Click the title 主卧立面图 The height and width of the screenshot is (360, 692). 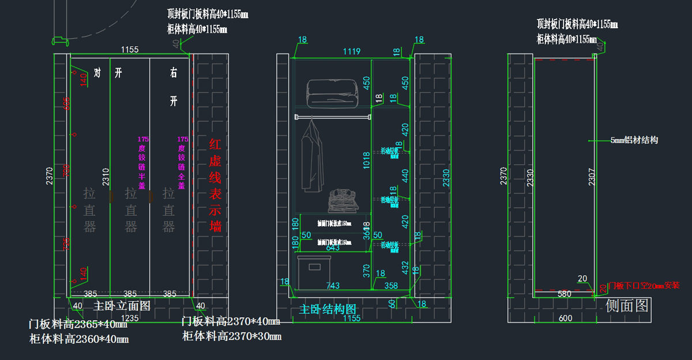(122, 306)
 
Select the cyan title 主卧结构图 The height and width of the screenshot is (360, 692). (328, 309)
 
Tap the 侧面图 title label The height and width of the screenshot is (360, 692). (627, 305)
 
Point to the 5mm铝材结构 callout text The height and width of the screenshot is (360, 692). (634, 140)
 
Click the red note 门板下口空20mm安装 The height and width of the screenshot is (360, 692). (644, 286)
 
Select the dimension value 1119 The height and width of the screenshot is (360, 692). (351, 52)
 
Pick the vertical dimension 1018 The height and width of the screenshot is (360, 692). (366, 163)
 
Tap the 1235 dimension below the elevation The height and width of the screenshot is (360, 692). (129, 318)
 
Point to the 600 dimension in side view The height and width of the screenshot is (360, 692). (565, 318)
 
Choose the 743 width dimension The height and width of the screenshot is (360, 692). (333, 286)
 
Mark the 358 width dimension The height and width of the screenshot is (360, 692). (391, 286)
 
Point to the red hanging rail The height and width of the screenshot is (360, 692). (332, 117)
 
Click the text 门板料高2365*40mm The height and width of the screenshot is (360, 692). (78, 324)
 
